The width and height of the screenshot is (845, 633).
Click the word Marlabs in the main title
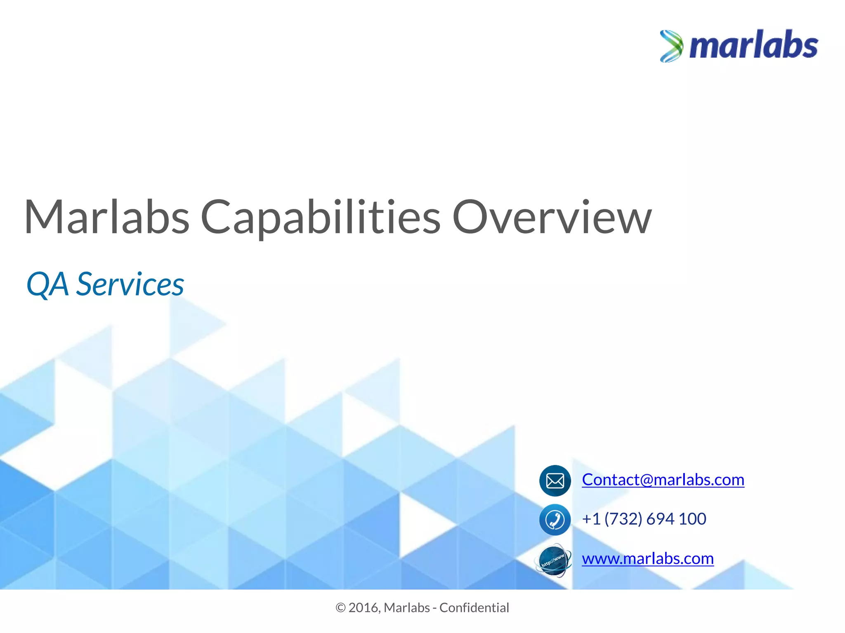(x=106, y=217)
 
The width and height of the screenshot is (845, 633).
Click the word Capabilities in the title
(x=321, y=217)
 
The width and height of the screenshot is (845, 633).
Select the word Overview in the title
(x=552, y=217)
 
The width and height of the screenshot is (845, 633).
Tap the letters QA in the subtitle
(x=47, y=284)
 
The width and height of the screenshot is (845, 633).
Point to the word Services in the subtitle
(x=130, y=284)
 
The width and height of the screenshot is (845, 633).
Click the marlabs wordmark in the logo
(x=753, y=46)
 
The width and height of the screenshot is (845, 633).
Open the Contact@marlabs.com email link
(x=663, y=480)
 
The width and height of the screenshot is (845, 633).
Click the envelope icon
(x=555, y=481)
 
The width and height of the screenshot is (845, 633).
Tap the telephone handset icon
(x=555, y=520)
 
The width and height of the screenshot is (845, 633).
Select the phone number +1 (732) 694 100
(x=644, y=519)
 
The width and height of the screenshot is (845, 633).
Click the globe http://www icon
(x=553, y=560)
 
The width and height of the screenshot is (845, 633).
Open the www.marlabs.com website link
(x=647, y=558)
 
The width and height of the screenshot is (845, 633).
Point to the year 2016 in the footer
(x=363, y=608)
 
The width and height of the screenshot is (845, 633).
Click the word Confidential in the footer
(x=474, y=608)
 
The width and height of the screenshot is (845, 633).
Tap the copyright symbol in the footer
(x=340, y=608)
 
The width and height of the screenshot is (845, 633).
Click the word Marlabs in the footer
(x=406, y=608)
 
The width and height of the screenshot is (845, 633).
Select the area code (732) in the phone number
(x=623, y=519)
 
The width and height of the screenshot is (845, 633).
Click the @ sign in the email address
(x=647, y=480)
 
